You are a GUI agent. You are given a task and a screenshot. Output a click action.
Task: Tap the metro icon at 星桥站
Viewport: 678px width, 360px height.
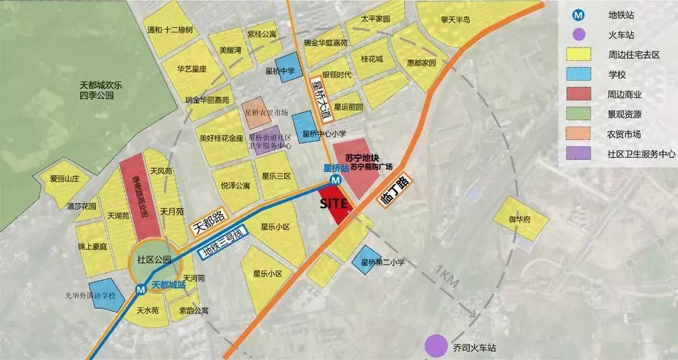[x=336, y=180]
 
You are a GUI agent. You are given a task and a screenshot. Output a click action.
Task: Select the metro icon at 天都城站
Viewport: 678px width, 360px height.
[x=141, y=289]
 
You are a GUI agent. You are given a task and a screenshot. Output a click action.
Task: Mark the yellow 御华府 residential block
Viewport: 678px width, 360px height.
[x=519, y=219]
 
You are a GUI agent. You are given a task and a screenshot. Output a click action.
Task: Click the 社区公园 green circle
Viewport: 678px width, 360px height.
[x=151, y=260]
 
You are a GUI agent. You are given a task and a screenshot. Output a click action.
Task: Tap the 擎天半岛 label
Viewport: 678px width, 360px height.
[x=456, y=19]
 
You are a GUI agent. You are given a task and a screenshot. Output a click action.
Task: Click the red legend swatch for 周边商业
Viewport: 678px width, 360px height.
[x=578, y=94]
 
